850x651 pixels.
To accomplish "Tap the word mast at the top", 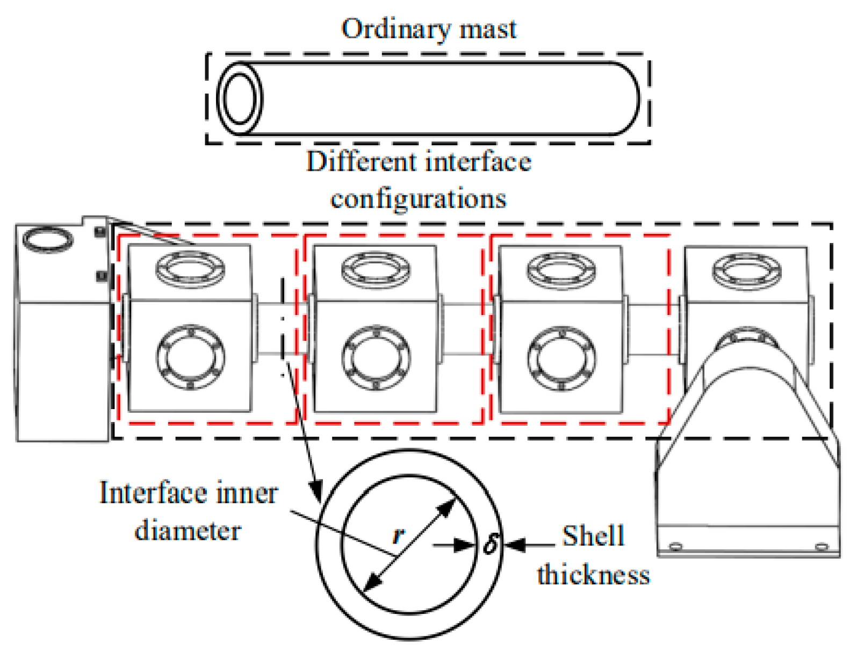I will (488, 29).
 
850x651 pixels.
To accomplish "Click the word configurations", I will (418, 199).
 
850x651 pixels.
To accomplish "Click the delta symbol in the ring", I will (491, 544).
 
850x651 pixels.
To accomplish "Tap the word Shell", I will (593, 536).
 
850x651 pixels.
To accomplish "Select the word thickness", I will (593, 574).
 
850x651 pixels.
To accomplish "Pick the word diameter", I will (188, 531).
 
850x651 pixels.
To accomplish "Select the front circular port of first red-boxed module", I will (190, 357).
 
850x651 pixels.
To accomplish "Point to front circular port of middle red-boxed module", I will (376, 357).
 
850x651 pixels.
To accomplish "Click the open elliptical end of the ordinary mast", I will (240, 98).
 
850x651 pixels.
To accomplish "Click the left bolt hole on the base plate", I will (676, 547).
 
